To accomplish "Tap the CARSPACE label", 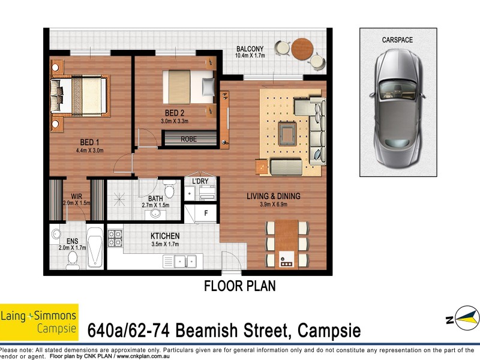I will pyautogui.click(x=397, y=40).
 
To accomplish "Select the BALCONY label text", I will pyautogui.click(x=250, y=49).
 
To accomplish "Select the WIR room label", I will pyautogui.click(x=76, y=196).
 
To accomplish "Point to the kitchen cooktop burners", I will pyautogui.click(x=115, y=238).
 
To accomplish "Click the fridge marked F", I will pyautogui.click(x=206, y=212).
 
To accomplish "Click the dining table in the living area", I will pyautogui.click(x=287, y=243).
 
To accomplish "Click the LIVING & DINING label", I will pyautogui.click(x=274, y=196).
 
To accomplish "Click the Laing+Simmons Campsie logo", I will pyautogui.click(x=39, y=322).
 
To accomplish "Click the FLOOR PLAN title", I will pyautogui.click(x=240, y=286).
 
